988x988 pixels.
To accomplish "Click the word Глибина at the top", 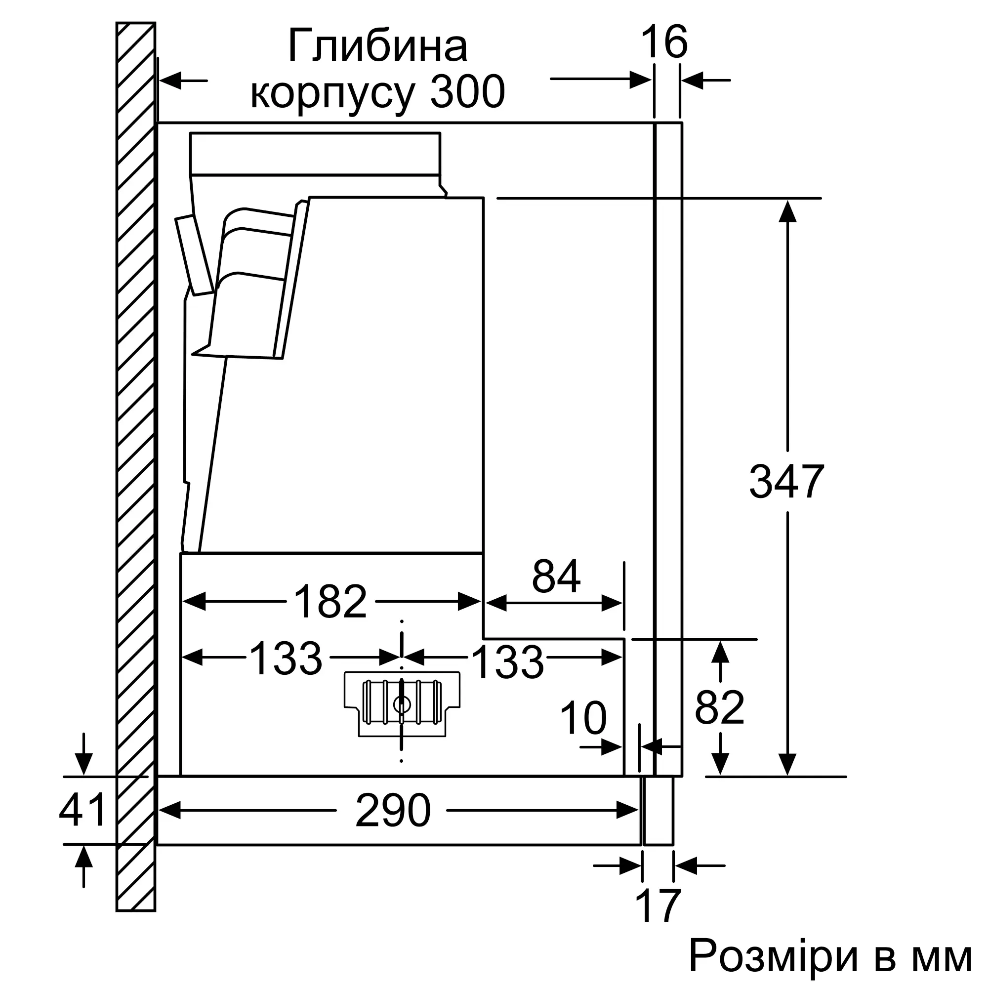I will point(377,47).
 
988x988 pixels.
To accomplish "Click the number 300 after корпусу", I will point(467,92).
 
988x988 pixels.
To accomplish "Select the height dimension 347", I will point(786,482).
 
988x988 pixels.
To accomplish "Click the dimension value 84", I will point(556,576).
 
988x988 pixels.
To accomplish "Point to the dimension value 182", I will point(331,602).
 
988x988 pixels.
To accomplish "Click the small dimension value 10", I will point(583,718).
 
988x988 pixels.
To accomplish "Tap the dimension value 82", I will point(720,708).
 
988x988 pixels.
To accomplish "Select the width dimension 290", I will point(393,811).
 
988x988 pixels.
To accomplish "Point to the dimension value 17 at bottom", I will point(658,906).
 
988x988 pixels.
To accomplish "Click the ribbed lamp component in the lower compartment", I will point(402,703).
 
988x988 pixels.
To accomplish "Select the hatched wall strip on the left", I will point(135,460).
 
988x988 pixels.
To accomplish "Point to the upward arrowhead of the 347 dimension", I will point(787,211).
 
